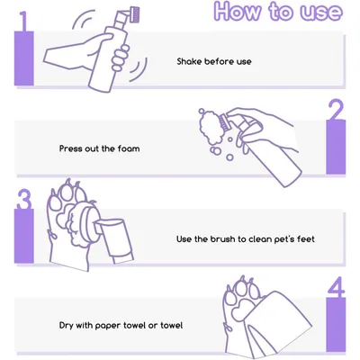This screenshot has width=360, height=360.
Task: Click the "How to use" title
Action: pos(278,12)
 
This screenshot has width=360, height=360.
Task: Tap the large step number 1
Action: pos(24,21)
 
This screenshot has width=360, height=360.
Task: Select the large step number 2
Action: pos(336,110)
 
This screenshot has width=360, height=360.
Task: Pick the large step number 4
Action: pos(336,287)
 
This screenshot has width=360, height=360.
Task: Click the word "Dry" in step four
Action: pos(66,326)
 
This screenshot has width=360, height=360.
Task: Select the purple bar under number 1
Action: pos(24,58)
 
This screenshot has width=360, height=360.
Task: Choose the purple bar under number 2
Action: pos(336,147)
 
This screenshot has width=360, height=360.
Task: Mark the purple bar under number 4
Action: pos(336,325)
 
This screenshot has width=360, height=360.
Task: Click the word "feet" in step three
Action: pos(306,239)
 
